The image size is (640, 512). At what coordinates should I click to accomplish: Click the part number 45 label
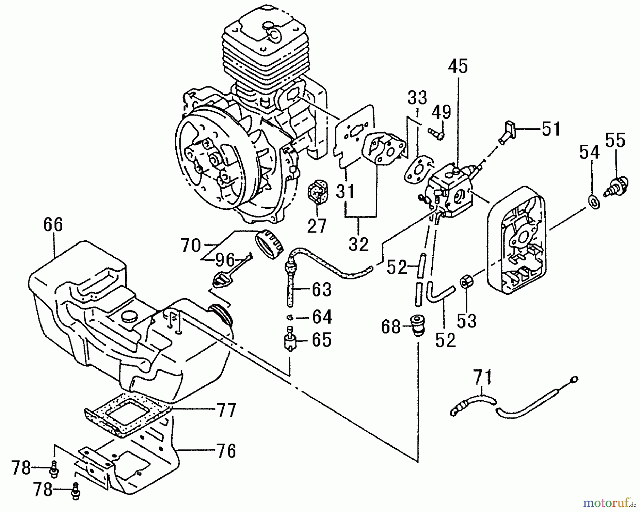pyautogui.click(x=458, y=66)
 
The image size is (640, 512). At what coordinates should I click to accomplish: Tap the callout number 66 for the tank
pyautogui.click(x=53, y=225)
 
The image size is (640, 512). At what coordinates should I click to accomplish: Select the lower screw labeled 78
pyautogui.click(x=75, y=491)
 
